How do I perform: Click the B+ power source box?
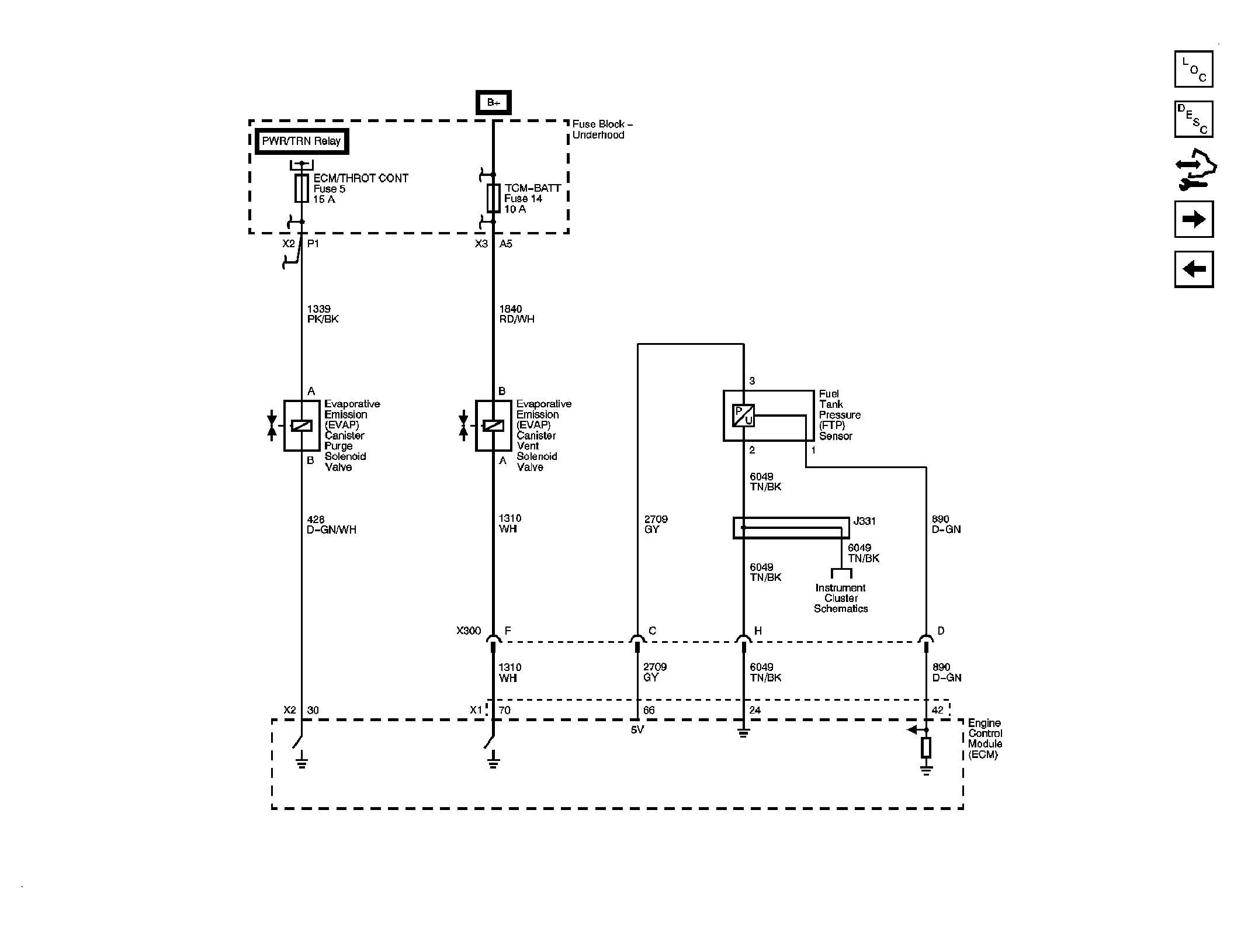[x=493, y=103]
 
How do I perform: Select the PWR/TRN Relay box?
[x=301, y=141]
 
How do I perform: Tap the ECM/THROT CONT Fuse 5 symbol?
[x=301, y=188]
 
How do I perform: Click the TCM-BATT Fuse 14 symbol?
[x=493, y=198]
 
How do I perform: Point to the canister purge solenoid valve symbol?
[x=301, y=425]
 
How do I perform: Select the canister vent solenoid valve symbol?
[x=493, y=425]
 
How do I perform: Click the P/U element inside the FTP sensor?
[x=743, y=416]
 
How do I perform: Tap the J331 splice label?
[x=864, y=521]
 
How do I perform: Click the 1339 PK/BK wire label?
[x=323, y=314]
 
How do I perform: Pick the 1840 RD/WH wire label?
[x=516, y=314]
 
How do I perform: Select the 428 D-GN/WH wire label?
[x=331, y=525]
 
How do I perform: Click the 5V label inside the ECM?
[x=637, y=730]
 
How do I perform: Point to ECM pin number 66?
[x=649, y=711]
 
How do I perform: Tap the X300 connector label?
[x=468, y=631]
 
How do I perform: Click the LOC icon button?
[x=1194, y=69]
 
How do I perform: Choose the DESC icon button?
[x=1194, y=119]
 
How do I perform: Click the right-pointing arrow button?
[x=1194, y=219]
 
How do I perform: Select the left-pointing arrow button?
[x=1194, y=269]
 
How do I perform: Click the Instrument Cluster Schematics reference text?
[x=840, y=598]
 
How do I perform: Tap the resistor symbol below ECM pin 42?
[x=925, y=747]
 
